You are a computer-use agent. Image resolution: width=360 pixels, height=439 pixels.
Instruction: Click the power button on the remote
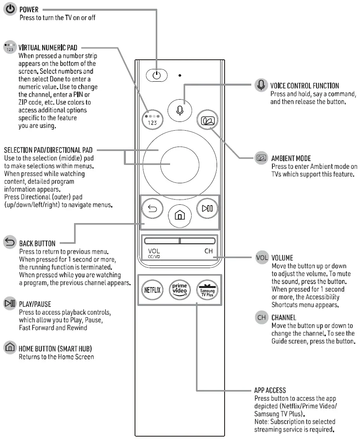pyautogui.click(x=157, y=75)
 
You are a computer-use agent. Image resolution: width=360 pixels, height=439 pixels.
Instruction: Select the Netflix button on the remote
pyautogui.click(x=153, y=290)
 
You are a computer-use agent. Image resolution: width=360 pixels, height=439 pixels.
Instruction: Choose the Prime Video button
pyautogui.click(x=180, y=290)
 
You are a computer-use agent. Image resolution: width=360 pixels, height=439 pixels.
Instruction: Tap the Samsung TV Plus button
pyautogui.click(x=207, y=290)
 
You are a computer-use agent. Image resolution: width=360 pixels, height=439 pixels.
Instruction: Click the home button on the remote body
pyautogui.click(x=180, y=216)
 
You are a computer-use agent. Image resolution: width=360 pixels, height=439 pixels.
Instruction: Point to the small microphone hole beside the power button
pyautogui.click(x=180, y=74)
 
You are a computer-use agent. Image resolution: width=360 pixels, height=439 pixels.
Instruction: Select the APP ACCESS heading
pyautogui.click(x=270, y=390)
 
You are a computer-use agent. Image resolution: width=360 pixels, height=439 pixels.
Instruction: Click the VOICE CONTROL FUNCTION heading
pyautogui.click(x=305, y=86)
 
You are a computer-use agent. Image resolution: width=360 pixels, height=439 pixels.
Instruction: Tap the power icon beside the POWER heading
pyautogui.click(x=10, y=10)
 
